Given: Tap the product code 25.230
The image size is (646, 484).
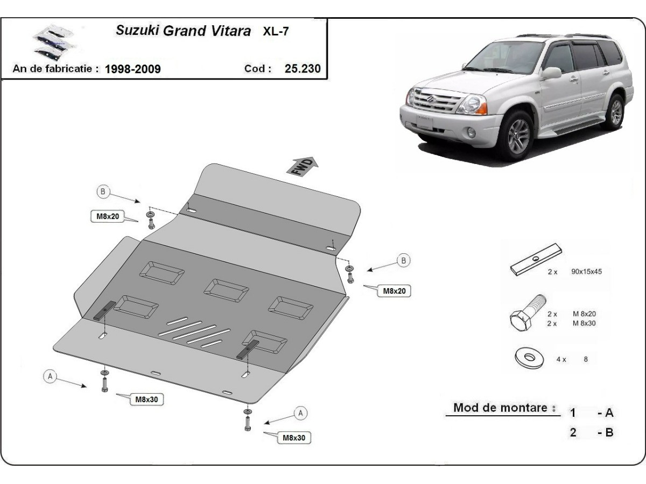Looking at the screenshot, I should [x=303, y=68].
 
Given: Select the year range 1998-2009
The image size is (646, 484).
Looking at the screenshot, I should [x=132, y=69].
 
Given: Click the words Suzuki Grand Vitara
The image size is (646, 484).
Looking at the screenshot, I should [x=184, y=31].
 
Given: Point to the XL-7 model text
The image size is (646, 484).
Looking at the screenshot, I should [x=276, y=31].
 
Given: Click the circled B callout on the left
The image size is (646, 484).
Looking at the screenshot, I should [x=103, y=190].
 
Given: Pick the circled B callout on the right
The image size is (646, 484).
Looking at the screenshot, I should [x=403, y=260].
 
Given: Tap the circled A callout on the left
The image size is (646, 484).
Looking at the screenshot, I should [x=50, y=376].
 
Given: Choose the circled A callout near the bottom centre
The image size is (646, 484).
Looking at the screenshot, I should [x=301, y=413].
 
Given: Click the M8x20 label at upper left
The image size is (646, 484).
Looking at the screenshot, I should [x=107, y=217].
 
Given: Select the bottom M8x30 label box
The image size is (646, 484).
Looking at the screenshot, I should [x=294, y=438].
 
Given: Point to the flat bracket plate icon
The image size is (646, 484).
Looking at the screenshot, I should [x=536, y=259].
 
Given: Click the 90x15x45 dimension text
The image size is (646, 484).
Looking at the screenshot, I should [x=586, y=272].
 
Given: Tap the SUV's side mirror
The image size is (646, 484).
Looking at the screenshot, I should [x=551, y=73].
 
